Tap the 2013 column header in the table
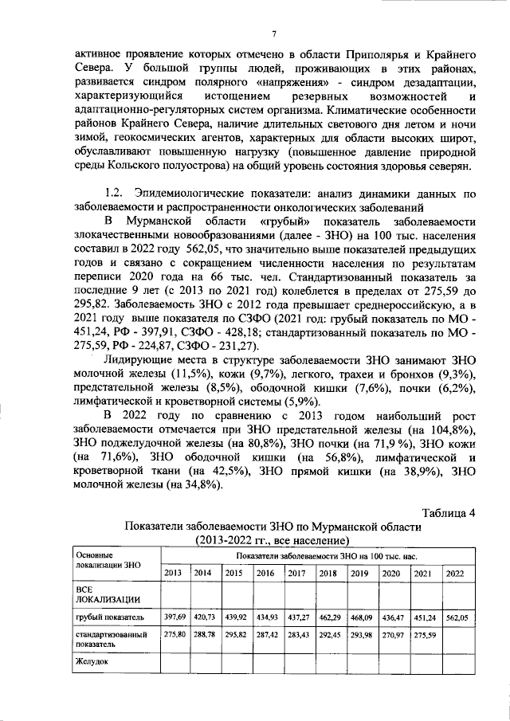pos(173,573)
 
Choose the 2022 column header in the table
pos(455,573)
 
